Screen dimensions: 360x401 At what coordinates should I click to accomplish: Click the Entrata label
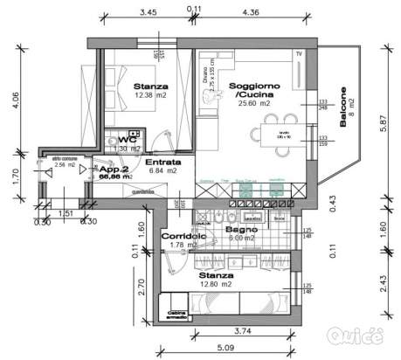point(162,162)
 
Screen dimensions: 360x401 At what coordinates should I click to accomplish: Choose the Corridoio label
point(182,236)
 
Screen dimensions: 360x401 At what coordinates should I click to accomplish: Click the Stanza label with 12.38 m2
point(150,87)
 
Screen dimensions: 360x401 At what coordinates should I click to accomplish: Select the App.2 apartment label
point(114,170)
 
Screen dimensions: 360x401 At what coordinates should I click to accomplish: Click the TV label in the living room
point(299,54)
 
